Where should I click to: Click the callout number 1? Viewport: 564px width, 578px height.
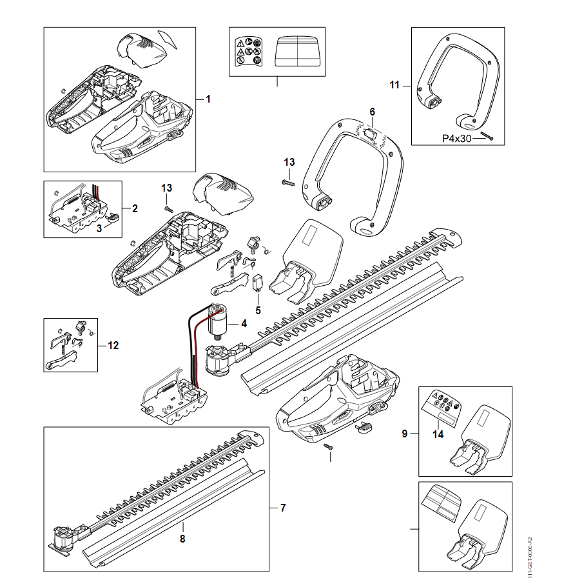pyautogui.click(x=208, y=99)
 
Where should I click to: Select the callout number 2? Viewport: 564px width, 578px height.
pyautogui.click(x=135, y=208)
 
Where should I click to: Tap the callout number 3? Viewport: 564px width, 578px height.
pyautogui.click(x=99, y=228)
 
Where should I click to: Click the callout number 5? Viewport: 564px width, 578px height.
pyautogui.click(x=258, y=310)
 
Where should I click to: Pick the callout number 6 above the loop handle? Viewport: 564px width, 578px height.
pyautogui.click(x=372, y=112)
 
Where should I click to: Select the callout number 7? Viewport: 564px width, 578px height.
pyautogui.click(x=282, y=508)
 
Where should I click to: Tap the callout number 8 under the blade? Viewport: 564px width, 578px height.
pyautogui.click(x=182, y=538)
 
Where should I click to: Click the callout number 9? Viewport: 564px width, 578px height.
pyautogui.click(x=405, y=434)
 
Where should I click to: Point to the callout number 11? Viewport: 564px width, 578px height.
pyautogui.click(x=395, y=85)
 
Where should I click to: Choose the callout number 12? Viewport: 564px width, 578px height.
pyautogui.click(x=113, y=346)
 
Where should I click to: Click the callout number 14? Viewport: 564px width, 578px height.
pyautogui.click(x=438, y=434)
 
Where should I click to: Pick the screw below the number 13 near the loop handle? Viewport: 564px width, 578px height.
pyautogui.click(x=287, y=183)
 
